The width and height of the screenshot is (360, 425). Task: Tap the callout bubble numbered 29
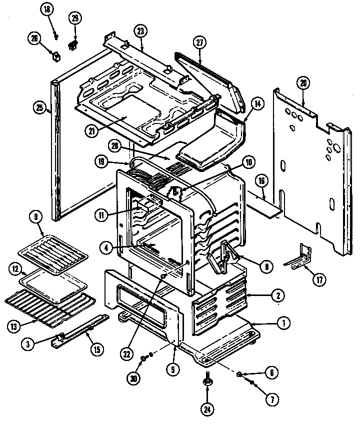[75, 18]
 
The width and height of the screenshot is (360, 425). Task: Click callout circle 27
[200, 42]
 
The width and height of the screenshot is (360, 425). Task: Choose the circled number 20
[302, 83]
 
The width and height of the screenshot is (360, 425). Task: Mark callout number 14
[257, 105]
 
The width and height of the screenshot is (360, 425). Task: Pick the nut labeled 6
[240, 373]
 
